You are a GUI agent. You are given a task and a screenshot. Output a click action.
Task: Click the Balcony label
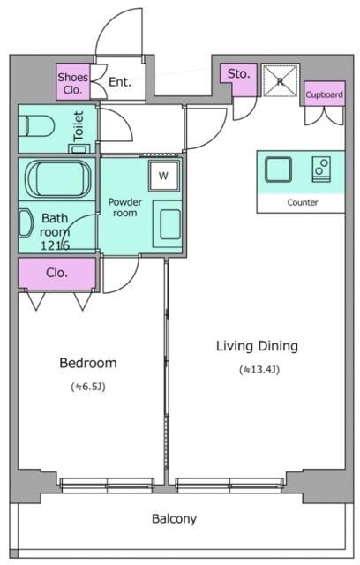174,518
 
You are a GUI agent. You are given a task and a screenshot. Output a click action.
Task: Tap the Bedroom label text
88,363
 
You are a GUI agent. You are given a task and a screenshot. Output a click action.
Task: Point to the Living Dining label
257,346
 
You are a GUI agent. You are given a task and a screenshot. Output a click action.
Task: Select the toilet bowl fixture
36,125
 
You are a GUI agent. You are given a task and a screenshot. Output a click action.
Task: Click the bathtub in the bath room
58,178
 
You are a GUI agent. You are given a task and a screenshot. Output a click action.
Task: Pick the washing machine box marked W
164,176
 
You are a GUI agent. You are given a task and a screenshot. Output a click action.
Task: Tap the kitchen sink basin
278,169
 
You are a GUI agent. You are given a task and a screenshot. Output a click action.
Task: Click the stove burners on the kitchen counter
321,169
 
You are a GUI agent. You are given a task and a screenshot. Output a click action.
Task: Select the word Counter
303,202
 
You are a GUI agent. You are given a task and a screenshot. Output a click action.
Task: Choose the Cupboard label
325,94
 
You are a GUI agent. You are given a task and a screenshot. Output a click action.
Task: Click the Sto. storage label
239,74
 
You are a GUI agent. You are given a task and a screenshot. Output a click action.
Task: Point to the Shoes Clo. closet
73,82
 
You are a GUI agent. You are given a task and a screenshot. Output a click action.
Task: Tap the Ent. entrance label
120,82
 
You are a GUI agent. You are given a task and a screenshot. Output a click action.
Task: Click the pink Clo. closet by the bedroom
57,273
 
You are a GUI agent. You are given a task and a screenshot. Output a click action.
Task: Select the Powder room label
125,207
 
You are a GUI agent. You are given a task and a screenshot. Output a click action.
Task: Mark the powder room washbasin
168,223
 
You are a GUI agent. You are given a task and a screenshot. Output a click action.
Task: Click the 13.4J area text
259,370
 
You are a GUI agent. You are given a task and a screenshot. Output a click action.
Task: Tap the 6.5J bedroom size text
88,387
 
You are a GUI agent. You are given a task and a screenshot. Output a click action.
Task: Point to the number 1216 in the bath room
55,245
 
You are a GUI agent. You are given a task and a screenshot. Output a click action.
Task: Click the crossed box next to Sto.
281,80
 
